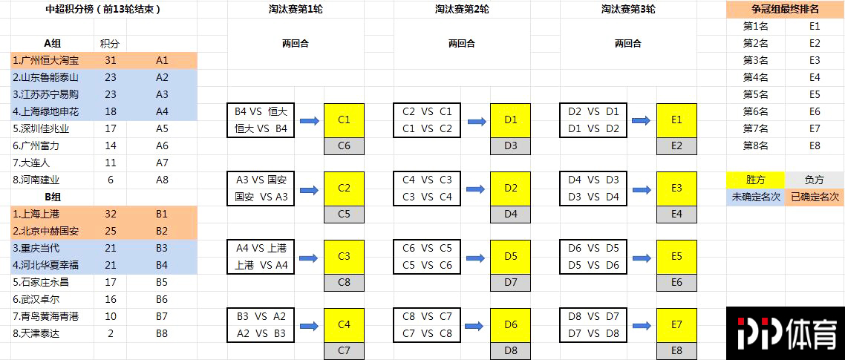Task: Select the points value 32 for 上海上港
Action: click(111, 214)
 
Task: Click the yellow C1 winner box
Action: click(344, 121)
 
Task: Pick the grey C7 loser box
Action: click(344, 351)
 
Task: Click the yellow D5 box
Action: click(510, 257)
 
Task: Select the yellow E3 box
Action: click(677, 189)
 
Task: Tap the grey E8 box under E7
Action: click(677, 351)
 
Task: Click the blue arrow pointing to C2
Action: click(310, 190)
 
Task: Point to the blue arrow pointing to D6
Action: click(476, 326)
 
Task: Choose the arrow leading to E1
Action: click(642, 121)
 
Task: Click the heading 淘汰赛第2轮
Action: click(461, 9)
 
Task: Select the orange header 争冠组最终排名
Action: click(785, 9)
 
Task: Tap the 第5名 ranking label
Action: click(755, 95)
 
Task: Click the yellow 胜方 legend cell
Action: click(755, 180)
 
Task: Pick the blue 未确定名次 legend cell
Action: click(755, 197)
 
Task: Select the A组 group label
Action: click(53, 44)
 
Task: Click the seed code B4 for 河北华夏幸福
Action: click(162, 265)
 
